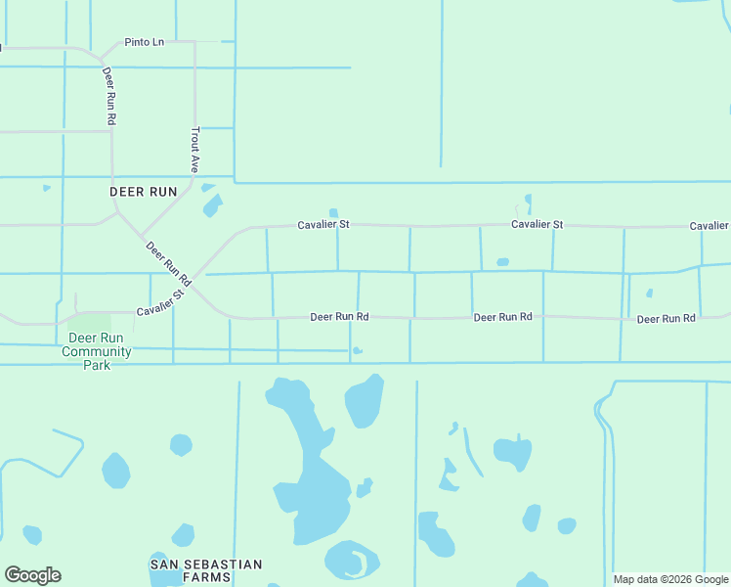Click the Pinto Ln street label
tap(145, 43)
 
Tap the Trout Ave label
tap(195, 149)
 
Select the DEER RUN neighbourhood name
tap(143, 192)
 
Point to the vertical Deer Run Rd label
tap(109, 96)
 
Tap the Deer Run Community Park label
tap(97, 351)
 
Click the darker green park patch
tap(90, 323)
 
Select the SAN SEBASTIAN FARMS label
tap(206, 570)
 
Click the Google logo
tap(32, 575)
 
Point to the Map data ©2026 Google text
tap(670, 579)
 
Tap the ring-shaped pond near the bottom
tap(352, 561)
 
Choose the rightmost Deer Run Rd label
tap(666, 319)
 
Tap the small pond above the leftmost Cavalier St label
tap(333, 212)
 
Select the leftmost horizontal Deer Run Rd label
tap(339, 317)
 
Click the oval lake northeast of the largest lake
tap(363, 401)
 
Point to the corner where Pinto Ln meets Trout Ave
tap(195, 42)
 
